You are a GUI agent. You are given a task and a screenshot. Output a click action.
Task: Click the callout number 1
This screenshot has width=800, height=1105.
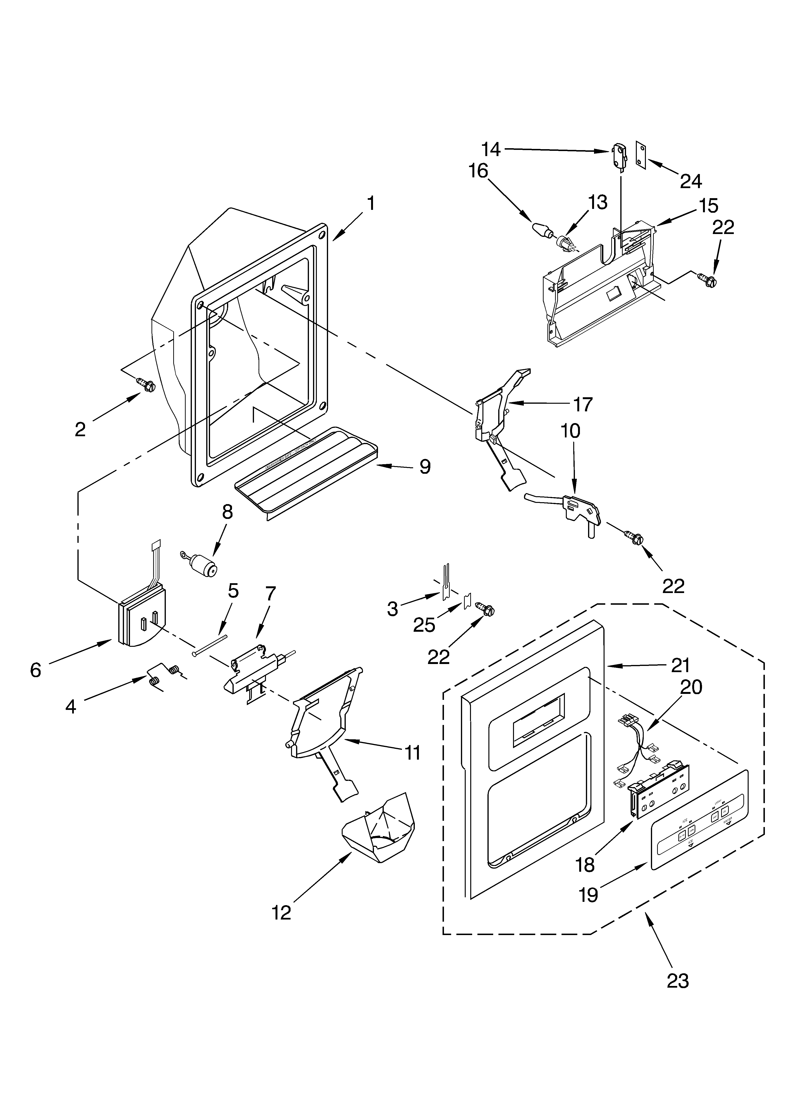[371, 203]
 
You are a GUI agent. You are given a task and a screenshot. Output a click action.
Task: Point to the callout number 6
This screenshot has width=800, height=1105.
[36, 670]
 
